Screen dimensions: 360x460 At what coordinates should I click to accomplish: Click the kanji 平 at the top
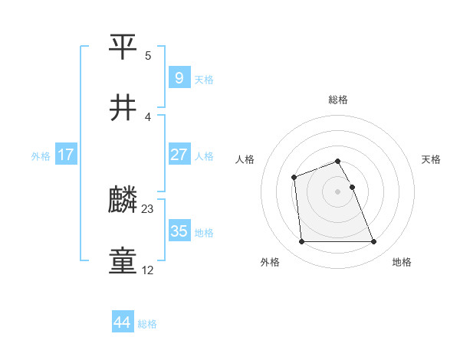pyautogui.click(x=123, y=47)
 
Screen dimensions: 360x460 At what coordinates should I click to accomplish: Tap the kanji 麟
pyautogui.click(x=123, y=201)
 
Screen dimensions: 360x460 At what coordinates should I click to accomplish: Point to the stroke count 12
pyautogui.click(x=148, y=270)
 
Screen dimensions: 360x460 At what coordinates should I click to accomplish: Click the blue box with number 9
pyautogui.click(x=179, y=78)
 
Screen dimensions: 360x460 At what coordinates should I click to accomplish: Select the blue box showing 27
pyautogui.click(x=179, y=155)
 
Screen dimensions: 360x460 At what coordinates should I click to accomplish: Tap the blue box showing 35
pyautogui.click(x=179, y=231)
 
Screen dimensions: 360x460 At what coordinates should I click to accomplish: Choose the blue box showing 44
pyautogui.click(x=122, y=323)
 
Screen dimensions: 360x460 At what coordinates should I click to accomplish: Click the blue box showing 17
pyautogui.click(x=66, y=155)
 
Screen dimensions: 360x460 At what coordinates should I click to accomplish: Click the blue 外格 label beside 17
pyautogui.click(x=41, y=156)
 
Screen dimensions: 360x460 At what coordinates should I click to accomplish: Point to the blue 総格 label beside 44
pyautogui.click(x=147, y=324)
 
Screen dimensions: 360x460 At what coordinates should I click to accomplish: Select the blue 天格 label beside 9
pyautogui.click(x=204, y=80)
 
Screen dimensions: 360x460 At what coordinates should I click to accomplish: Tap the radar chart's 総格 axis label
pyautogui.click(x=338, y=100)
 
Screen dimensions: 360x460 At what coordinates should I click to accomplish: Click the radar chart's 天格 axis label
pyautogui.click(x=432, y=159)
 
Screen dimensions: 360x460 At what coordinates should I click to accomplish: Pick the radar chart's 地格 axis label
pyautogui.click(x=402, y=263)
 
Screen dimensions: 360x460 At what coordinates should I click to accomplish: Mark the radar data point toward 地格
pyautogui.click(x=373, y=242)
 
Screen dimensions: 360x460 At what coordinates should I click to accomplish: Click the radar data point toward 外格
pyautogui.click(x=301, y=242)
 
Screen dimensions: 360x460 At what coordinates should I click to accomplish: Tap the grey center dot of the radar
pyautogui.click(x=338, y=191)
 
